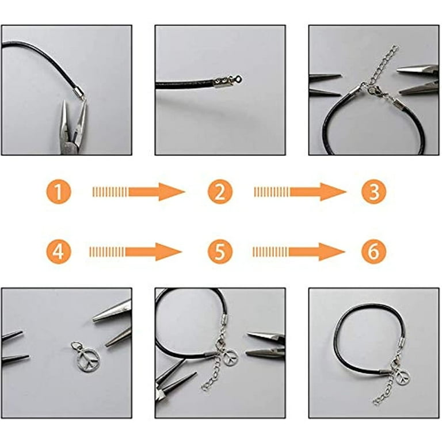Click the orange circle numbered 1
click(x=58, y=191)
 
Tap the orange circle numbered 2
click(x=219, y=191)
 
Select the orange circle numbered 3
click(x=374, y=191)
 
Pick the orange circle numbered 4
click(x=58, y=251)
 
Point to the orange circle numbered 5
click(x=219, y=251)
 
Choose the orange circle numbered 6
click(x=374, y=251)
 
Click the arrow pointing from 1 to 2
click(x=138, y=191)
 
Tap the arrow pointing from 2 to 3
click(x=299, y=191)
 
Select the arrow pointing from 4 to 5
click(x=136, y=251)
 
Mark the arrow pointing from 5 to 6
click(x=298, y=251)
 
